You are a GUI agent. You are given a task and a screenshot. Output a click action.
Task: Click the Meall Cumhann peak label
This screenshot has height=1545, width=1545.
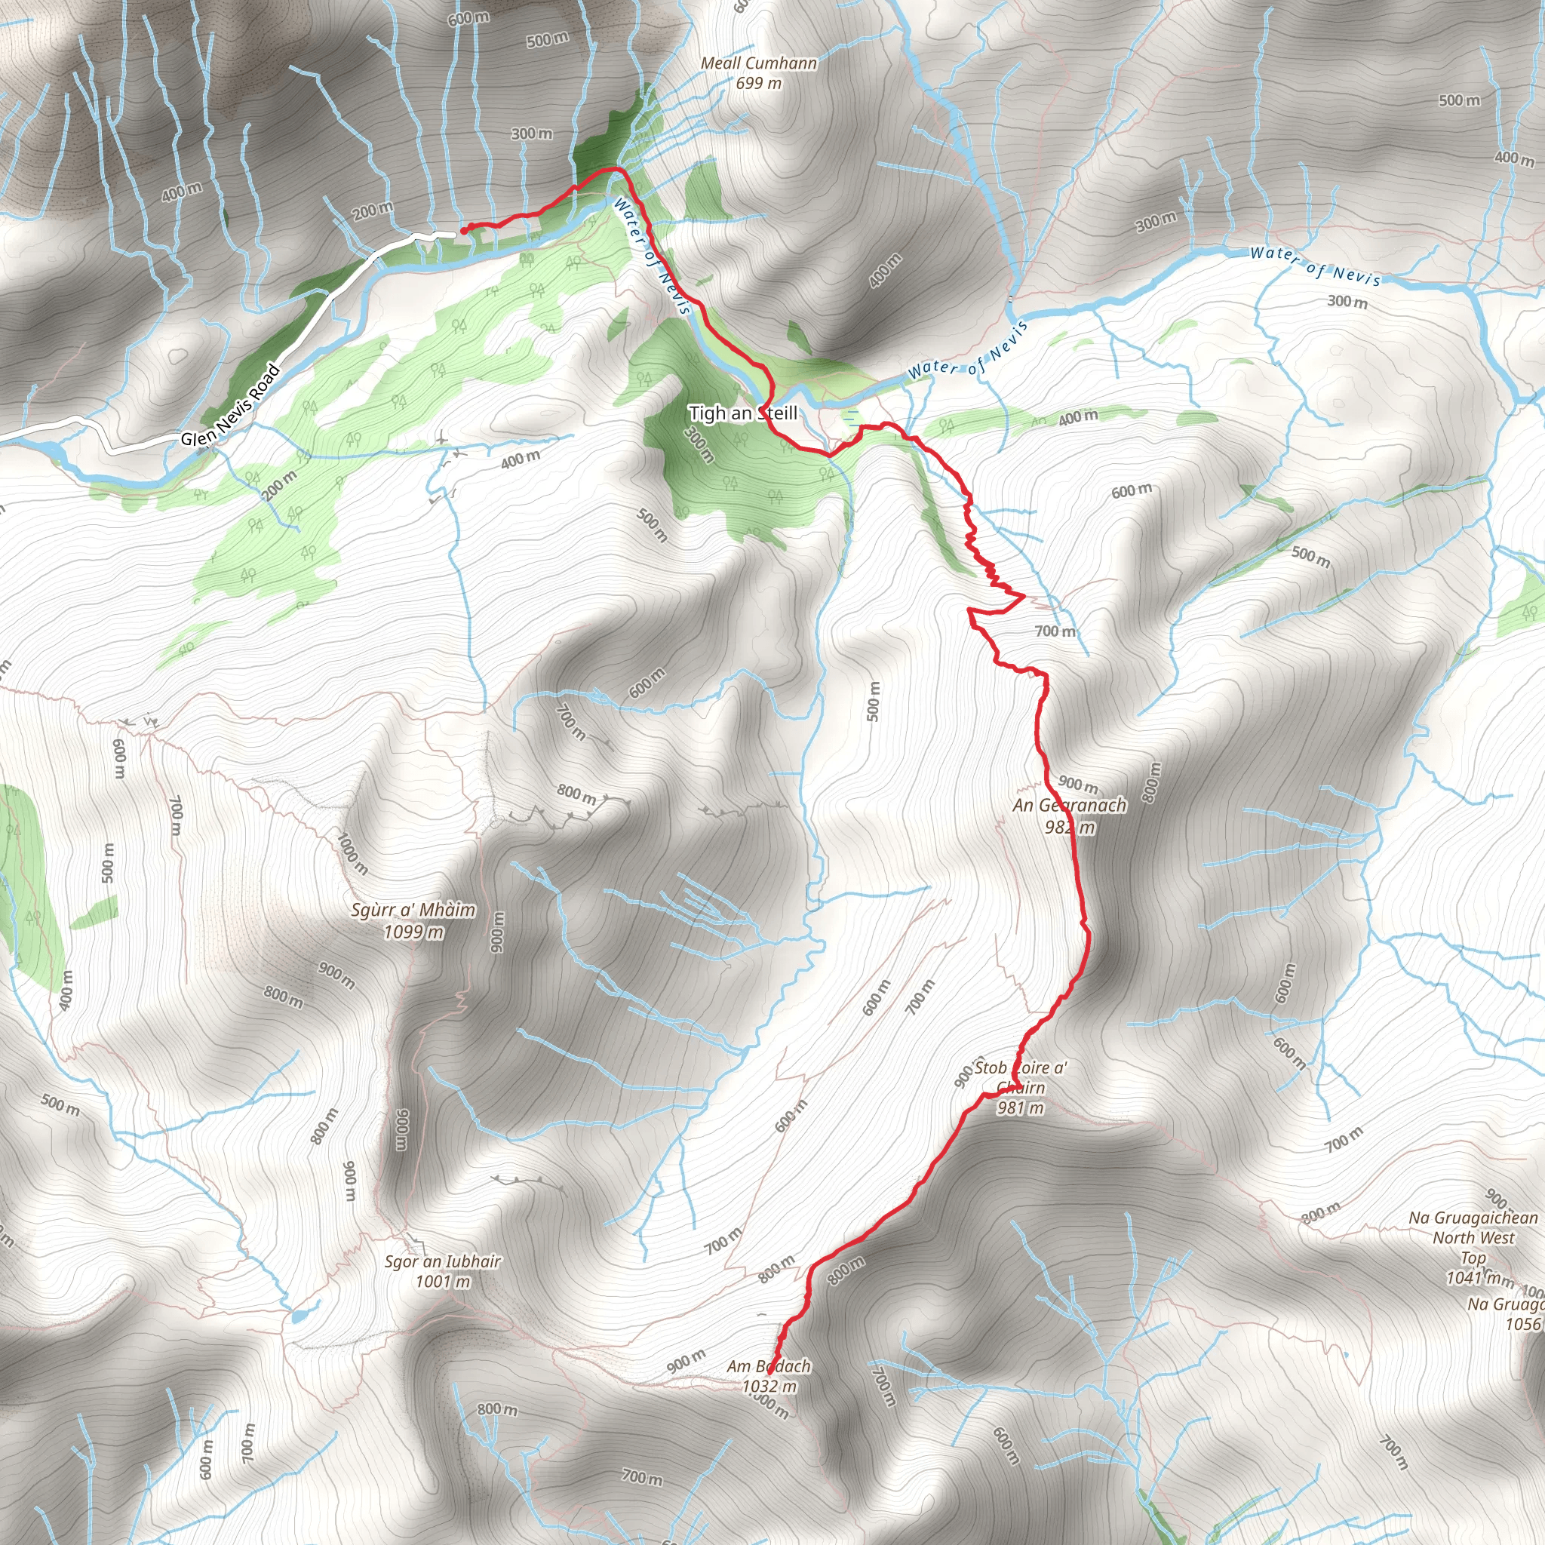coord(758,63)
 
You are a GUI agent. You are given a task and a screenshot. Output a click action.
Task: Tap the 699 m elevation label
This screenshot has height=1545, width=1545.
coord(758,83)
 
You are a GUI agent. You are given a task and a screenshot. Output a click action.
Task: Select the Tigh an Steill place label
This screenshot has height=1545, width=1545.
coord(743,413)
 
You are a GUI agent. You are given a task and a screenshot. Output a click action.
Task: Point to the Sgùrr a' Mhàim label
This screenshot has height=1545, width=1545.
coord(413,910)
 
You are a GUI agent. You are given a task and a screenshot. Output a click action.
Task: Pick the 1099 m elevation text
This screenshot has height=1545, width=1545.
coord(413,932)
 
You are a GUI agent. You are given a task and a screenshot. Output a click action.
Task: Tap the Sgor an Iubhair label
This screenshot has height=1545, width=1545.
coord(442,1261)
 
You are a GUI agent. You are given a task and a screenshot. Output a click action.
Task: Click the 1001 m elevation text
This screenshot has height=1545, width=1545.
coord(442,1282)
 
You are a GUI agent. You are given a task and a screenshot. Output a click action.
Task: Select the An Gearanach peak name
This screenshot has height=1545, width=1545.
coord(1069,805)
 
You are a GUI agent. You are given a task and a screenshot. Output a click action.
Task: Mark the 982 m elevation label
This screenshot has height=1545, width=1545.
coord(1069,827)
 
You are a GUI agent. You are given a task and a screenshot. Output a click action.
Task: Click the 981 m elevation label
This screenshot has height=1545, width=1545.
coord(1020,1107)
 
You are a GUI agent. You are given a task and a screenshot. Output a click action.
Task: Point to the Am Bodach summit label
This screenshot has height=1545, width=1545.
coord(769,1367)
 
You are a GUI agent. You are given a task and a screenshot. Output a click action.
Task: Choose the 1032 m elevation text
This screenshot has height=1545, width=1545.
coord(769,1386)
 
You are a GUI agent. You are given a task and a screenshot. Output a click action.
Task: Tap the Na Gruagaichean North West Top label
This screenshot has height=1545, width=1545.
coord(1473,1237)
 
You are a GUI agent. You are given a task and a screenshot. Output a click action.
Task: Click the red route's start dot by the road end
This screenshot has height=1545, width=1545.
coord(464,231)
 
